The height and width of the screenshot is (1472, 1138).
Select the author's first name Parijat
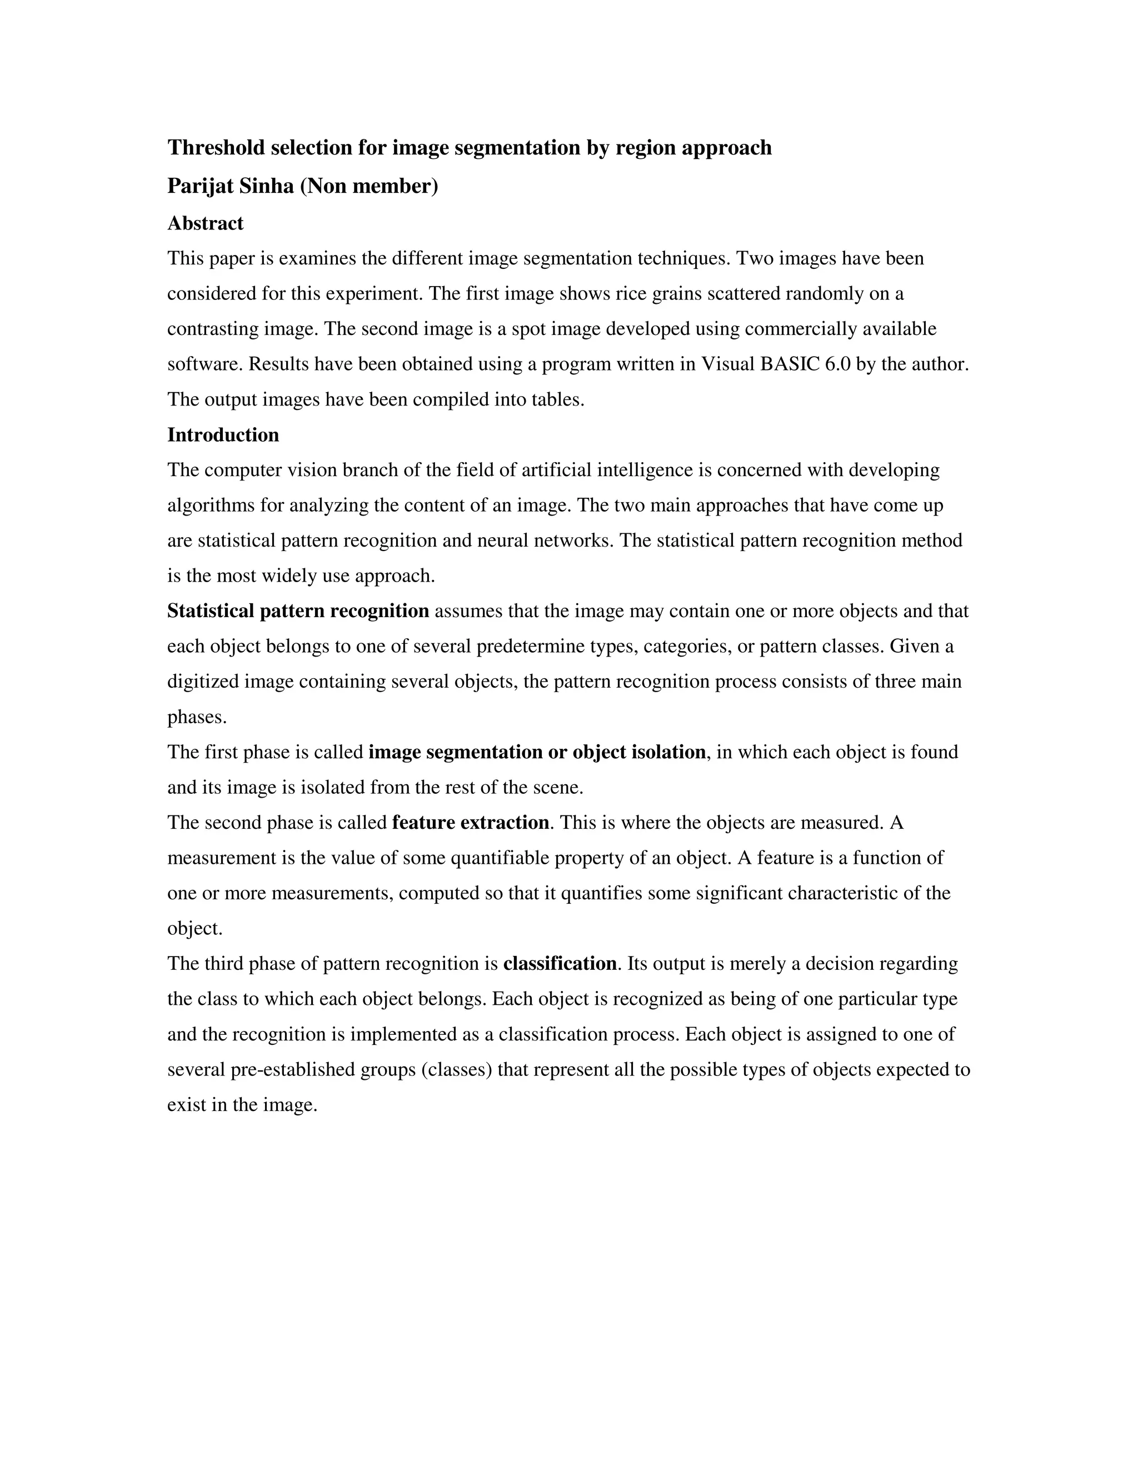click(x=199, y=186)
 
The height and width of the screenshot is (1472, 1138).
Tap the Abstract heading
click(x=205, y=224)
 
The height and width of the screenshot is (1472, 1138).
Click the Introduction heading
click(x=223, y=435)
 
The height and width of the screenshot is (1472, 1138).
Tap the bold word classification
click(x=560, y=964)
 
